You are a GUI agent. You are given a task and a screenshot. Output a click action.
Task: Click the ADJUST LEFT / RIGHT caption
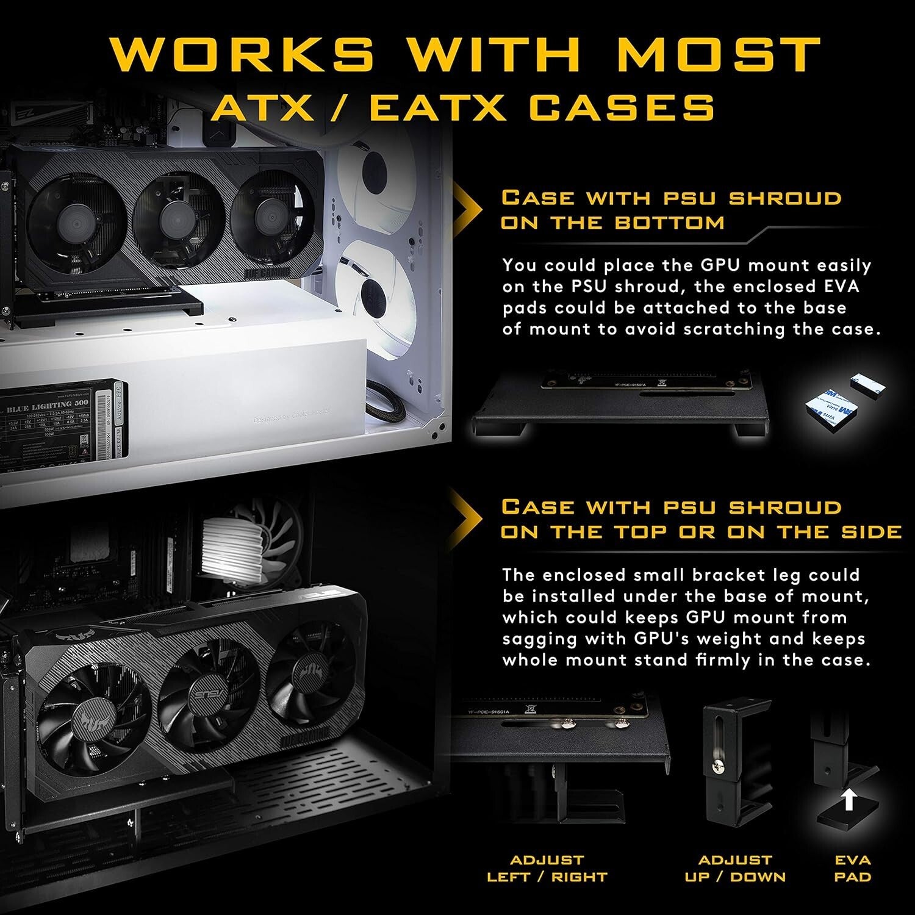[547, 869]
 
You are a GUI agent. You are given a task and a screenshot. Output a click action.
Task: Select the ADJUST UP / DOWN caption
[734, 869]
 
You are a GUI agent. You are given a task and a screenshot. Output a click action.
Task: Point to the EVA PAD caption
[853, 869]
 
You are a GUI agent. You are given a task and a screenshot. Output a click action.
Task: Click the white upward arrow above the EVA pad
[849, 800]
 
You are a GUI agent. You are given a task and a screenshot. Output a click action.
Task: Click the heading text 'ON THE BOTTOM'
[612, 223]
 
